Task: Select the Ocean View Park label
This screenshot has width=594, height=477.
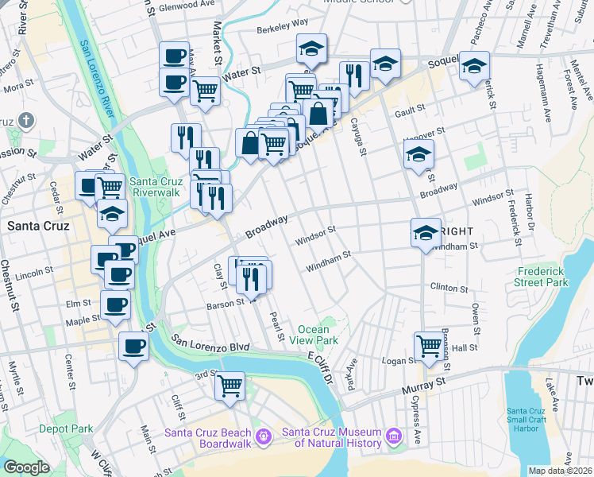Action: coord(317,335)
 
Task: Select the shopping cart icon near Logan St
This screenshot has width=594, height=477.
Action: coord(429,346)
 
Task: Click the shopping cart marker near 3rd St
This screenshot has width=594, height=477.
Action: coord(229,386)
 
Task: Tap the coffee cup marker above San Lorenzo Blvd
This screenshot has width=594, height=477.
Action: coord(133,346)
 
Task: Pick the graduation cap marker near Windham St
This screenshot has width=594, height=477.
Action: coord(426,232)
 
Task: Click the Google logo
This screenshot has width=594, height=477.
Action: coord(26,467)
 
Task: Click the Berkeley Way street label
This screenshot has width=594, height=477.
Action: coord(282,25)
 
